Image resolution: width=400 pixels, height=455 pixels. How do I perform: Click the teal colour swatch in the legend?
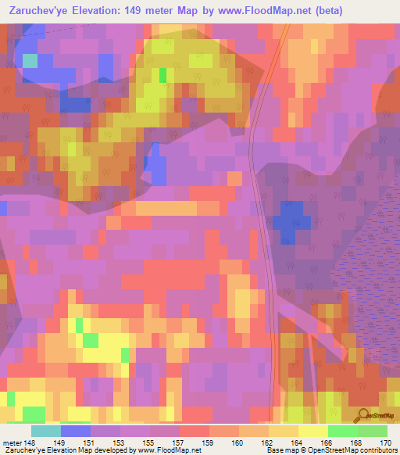point(46,432)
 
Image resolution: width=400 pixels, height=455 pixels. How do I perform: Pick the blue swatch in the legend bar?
point(76,432)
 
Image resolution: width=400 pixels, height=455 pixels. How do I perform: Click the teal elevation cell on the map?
point(30,61)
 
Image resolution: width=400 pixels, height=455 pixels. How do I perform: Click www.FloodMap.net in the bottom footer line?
point(161,450)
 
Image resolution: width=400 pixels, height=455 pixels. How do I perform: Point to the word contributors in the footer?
point(377,450)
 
